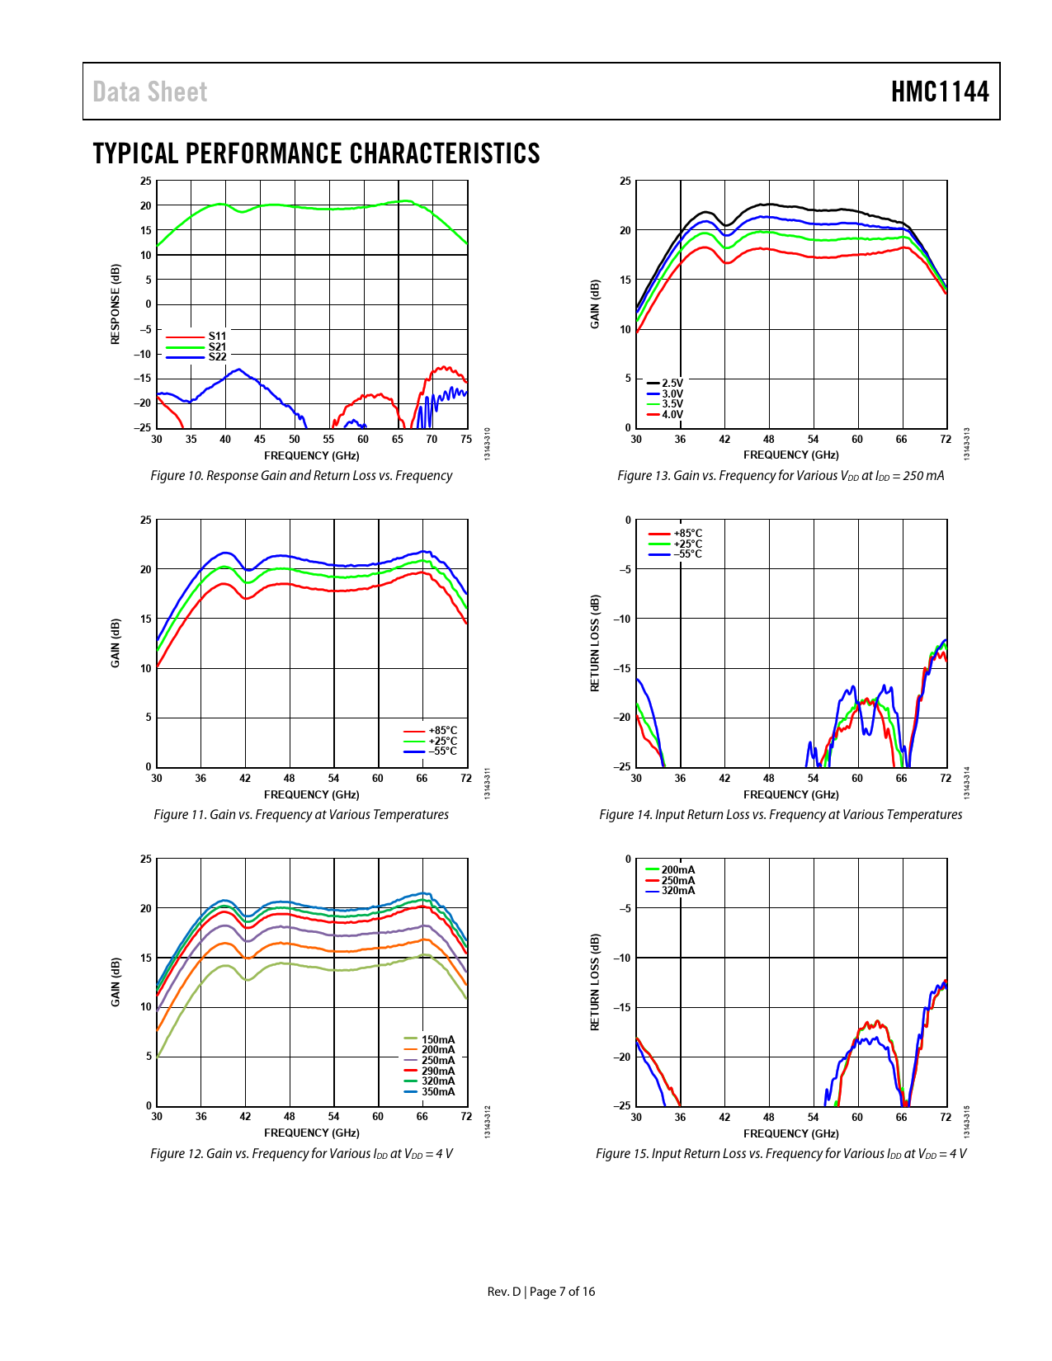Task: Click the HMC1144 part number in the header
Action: coord(939,92)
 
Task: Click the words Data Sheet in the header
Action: coord(150,92)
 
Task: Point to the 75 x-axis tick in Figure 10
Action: coord(466,440)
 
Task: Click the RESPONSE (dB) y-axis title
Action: coord(116,304)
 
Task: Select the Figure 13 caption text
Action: coord(781,476)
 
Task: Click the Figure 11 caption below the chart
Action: coord(301,815)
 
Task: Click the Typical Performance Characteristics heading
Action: coord(316,153)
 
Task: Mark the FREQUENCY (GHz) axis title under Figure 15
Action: coord(790,1133)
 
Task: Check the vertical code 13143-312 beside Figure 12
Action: coord(487,1123)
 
